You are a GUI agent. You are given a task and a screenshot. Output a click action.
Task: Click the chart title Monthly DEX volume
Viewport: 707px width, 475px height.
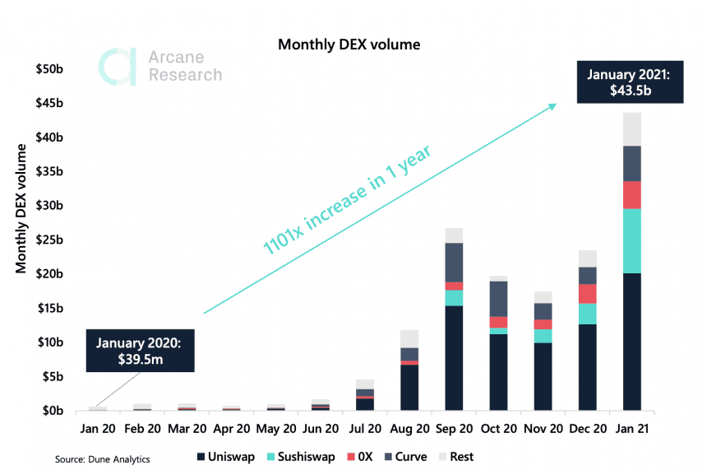[x=349, y=44]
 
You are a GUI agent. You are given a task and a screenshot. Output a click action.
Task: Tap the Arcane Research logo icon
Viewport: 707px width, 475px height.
[x=117, y=67]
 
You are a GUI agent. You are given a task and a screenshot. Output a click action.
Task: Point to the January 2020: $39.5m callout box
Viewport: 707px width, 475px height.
[x=140, y=352]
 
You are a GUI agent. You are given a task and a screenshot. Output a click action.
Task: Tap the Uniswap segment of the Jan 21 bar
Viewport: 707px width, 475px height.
[x=631, y=342]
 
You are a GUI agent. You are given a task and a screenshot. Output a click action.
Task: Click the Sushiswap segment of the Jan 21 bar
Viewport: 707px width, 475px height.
[x=631, y=240]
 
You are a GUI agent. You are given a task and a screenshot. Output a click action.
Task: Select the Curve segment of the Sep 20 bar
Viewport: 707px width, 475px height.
[x=453, y=262]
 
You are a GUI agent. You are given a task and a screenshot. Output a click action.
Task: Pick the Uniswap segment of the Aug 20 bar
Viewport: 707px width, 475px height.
[x=409, y=387]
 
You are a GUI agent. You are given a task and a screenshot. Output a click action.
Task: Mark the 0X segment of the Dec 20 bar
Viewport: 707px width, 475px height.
[x=587, y=294]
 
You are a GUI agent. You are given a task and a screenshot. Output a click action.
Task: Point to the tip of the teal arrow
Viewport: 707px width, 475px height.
[x=557, y=105]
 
